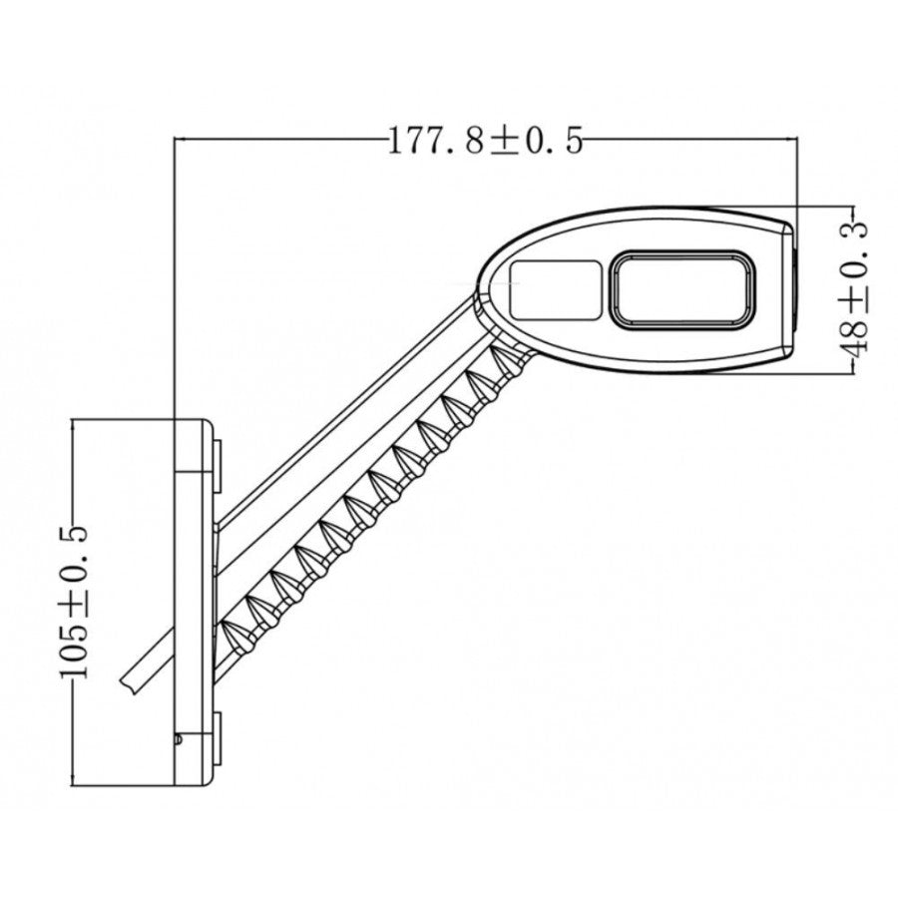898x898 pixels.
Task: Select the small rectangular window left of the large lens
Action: (x=555, y=289)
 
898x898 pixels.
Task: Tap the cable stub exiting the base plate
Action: (x=134, y=679)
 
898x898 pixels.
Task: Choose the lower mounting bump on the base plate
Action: (x=216, y=738)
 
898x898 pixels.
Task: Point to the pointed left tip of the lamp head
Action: (x=481, y=282)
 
